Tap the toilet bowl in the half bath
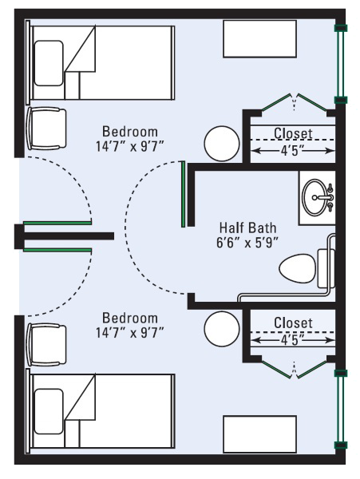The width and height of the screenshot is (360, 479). [x=298, y=269]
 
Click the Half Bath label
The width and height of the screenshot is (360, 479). [x=247, y=228]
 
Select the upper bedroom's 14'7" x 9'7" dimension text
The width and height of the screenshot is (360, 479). [x=130, y=147]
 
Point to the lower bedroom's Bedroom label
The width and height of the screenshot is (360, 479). [x=130, y=318]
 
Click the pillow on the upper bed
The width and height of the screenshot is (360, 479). [x=49, y=63]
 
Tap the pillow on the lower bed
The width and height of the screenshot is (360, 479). [x=49, y=411]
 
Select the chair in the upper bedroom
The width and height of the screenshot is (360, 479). [x=46, y=129]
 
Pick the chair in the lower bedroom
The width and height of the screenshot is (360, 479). [x=46, y=345]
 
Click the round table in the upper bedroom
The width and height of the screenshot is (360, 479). [x=222, y=144]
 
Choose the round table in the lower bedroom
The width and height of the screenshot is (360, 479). [x=222, y=329]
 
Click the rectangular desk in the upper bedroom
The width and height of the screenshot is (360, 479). [x=260, y=39]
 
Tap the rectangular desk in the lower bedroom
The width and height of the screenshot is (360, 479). [x=260, y=433]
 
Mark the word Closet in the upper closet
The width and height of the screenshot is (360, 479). [x=293, y=133]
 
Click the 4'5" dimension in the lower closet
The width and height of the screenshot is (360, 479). [x=293, y=340]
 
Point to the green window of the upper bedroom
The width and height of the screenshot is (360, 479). [x=341, y=64]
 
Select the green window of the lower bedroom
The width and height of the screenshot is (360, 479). [x=341, y=410]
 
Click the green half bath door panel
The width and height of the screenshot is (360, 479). [x=184, y=194]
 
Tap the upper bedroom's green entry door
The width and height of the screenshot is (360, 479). [x=57, y=223]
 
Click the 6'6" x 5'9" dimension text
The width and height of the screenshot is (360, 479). [x=247, y=243]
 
